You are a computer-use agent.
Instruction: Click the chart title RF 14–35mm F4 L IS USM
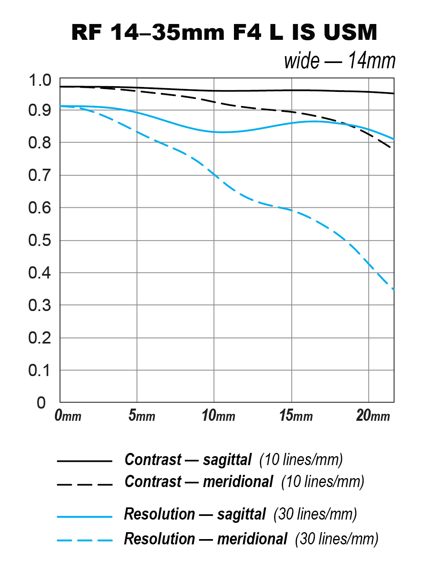tap(224, 32)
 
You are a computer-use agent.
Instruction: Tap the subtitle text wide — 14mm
tap(340, 61)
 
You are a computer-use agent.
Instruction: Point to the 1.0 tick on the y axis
tap(40, 80)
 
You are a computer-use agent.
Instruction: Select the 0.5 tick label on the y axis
tap(40, 240)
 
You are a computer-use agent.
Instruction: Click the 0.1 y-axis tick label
tap(40, 370)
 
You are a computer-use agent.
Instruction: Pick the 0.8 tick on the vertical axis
tap(40, 143)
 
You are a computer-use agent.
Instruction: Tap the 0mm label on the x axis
tap(68, 415)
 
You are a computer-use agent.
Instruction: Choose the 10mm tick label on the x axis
tap(219, 415)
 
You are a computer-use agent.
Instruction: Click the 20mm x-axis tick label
tap(373, 415)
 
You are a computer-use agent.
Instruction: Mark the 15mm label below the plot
tap(296, 415)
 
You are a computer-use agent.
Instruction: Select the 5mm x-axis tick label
tap(142, 415)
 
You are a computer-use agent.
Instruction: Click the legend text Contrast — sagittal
tap(188, 460)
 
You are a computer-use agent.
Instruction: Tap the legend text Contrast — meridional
tap(199, 482)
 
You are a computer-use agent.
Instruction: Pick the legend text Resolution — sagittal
tap(195, 514)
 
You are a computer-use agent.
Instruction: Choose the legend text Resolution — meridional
tap(206, 539)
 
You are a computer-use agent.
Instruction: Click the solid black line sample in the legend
tap(84, 461)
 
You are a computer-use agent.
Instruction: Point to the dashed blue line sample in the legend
tap(84, 540)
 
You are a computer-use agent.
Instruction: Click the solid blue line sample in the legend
tap(84, 517)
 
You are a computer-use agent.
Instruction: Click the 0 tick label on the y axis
tap(41, 403)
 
